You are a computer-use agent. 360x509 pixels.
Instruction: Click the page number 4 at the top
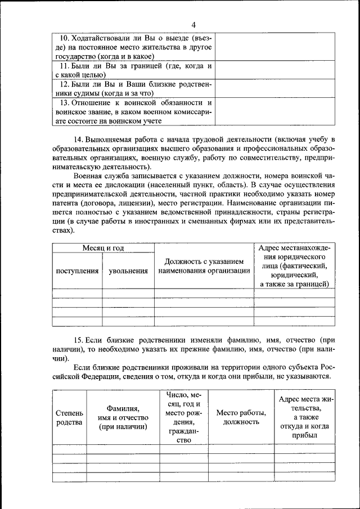[193, 24]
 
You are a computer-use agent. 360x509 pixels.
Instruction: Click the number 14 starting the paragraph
[78, 139]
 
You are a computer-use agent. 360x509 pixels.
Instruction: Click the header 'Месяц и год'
[103, 247]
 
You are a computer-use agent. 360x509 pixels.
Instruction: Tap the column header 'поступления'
[77, 271]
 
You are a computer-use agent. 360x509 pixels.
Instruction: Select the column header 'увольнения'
[128, 271]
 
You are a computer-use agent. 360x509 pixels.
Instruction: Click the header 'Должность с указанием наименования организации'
[204, 266]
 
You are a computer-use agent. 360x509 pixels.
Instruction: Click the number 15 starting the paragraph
[79, 340]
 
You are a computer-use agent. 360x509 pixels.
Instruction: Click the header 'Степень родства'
[69, 417]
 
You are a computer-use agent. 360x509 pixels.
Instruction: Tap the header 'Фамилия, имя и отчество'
[123, 417]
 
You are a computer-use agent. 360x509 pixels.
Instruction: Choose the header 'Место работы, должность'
[241, 417]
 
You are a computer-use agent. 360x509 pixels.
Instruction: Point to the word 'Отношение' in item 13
[97, 102]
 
